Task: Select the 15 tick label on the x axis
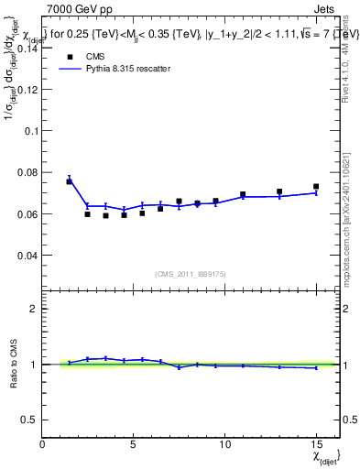315,445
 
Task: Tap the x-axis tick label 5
134,445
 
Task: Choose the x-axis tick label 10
224,445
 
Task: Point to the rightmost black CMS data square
316,187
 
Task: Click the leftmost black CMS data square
69,181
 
